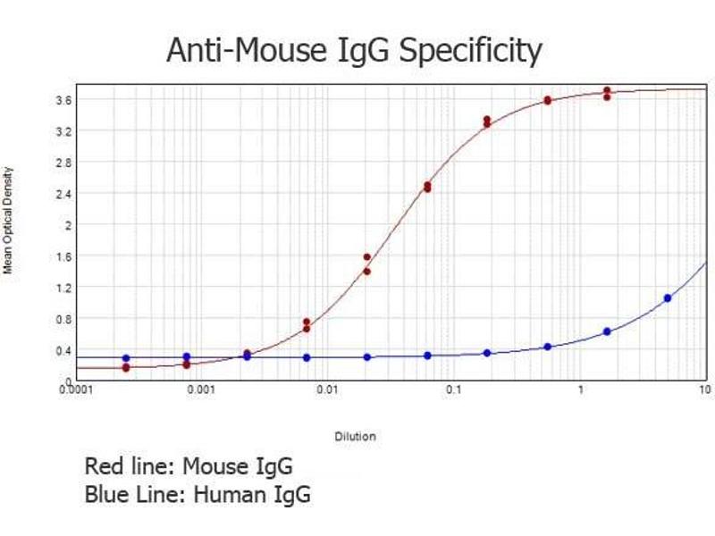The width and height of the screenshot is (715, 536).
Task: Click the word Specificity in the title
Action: coord(470,52)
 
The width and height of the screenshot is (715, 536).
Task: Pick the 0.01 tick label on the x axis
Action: coord(329,390)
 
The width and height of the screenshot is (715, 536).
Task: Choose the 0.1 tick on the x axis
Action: coord(454,390)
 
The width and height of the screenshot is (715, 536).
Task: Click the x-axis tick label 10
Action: coord(703,390)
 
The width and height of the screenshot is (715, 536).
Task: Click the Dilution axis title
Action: coord(355,437)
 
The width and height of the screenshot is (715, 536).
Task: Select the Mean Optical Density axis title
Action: coord(9,220)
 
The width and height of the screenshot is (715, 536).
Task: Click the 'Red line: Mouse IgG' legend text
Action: coord(189,466)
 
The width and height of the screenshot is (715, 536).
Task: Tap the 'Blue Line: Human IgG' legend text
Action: coord(198,495)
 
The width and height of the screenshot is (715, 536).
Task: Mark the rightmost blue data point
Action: coord(668,297)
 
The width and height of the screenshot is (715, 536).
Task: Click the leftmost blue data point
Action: coord(126,358)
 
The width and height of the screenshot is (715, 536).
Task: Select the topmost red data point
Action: coord(607,90)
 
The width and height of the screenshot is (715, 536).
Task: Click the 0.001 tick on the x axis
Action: coord(205,390)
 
